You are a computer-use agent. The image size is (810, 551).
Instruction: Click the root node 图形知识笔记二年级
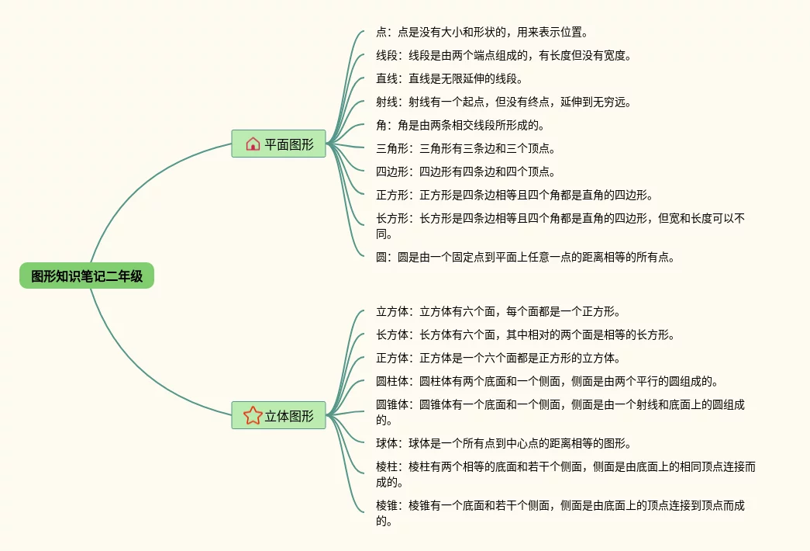click(87, 275)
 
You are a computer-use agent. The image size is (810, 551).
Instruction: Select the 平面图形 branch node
click(278, 144)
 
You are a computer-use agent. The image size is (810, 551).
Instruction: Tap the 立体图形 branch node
click(278, 416)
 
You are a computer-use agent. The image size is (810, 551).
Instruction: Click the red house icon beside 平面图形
click(253, 144)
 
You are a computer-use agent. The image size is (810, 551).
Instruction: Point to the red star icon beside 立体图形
click(253, 415)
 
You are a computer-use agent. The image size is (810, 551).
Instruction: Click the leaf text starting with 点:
click(481, 33)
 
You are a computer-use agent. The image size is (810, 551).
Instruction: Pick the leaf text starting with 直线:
click(450, 79)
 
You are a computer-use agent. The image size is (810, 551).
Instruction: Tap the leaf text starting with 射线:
click(504, 102)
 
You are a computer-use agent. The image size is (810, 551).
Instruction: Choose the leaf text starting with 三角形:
click(465, 148)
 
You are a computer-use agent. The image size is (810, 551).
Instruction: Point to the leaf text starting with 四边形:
click(465, 172)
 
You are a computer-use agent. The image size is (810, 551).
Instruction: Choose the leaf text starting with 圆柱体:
click(546, 381)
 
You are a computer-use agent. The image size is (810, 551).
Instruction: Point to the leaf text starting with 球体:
click(503, 444)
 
